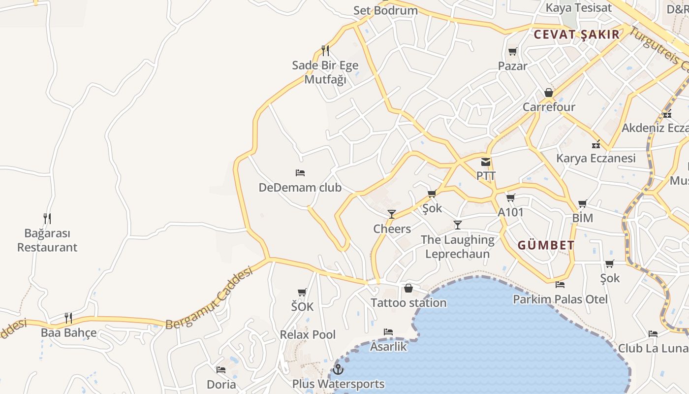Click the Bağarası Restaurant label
pyautogui.click(x=47, y=240)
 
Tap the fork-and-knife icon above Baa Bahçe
pyautogui.click(x=68, y=318)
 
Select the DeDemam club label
pyautogui.click(x=300, y=188)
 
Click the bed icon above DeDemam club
pyautogui.click(x=300, y=173)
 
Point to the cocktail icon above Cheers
pyautogui.click(x=392, y=214)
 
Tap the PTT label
pyautogui.click(x=486, y=176)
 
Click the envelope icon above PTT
pyautogui.click(x=486, y=162)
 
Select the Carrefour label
pyautogui.click(x=549, y=107)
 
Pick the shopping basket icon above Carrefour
pyautogui.click(x=549, y=93)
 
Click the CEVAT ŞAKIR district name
pyautogui.click(x=577, y=34)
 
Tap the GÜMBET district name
pyautogui.click(x=546, y=245)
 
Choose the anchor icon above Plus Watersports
pyautogui.click(x=338, y=369)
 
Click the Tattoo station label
pyautogui.click(x=408, y=302)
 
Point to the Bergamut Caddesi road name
pyautogui.click(x=209, y=298)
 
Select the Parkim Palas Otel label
pyautogui.click(x=561, y=299)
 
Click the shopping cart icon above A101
pyautogui.click(x=510, y=198)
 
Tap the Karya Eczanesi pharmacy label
pyautogui.click(x=595, y=158)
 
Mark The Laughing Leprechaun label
pyautogui.click(x=458, y=247)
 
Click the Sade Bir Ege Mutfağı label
pyautogui.click(x=325, y=72)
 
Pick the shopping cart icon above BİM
pyautogui.click(x=583, y=203)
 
